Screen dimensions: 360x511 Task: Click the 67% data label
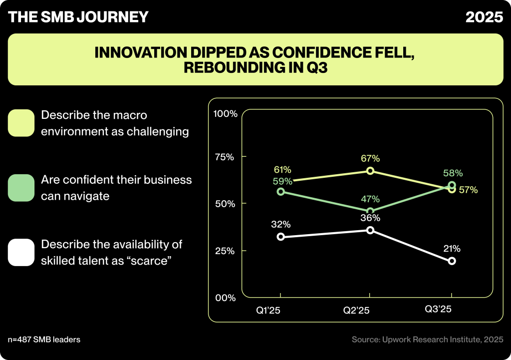pyautogui.click(x=370, y=158)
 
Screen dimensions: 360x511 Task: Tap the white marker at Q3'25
pyautogui.click(x=452, y=261)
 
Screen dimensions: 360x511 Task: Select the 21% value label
pyautogui.click(x=452, y=248)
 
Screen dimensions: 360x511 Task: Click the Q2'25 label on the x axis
pyautogui.click(x=356, y=310)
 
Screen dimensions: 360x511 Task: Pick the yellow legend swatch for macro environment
pyautogui.click(x=21, y=123)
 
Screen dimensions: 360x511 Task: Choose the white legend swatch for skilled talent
pyautogui.click(x=21, y=252)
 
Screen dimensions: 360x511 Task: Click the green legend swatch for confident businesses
pyautogui.click(x=21, y=188)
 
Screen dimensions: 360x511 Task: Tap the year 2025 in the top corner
pyautogui.click(x=484, y=17)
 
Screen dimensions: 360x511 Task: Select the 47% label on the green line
pyautogui.click(x=370, y=198)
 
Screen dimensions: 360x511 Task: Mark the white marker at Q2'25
pyautogui.click(x=370, y=230)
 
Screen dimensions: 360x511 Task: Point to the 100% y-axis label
pyautogui.click(x=225, y=114)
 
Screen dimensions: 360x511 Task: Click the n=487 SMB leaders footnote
pyautogui.click(x=44, y=340)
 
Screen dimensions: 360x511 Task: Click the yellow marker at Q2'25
pyautogui.click(x=370, y=171)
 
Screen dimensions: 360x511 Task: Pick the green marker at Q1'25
pyautogui.click(x=281, y=192)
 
